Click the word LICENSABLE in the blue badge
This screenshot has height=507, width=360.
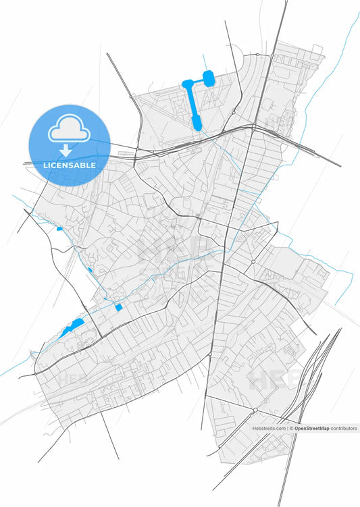click(70, 165)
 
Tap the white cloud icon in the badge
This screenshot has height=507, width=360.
click(70, 129)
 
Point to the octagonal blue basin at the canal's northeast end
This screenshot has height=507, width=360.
click(209, 78)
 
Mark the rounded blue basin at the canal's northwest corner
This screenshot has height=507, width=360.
click(186, 84)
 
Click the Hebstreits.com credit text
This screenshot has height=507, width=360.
click(269, 428)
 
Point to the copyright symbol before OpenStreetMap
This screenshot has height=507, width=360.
click(292, 428)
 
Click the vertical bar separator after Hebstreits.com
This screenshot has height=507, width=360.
click(288, 428)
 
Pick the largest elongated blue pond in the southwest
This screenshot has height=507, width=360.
click(71, 329)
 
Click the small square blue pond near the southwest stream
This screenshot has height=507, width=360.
click(119, 307)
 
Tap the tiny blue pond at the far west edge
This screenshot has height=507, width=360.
click(59, 228)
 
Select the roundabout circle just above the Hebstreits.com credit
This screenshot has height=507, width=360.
click(255, 410)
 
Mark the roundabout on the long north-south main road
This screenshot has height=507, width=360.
click(210, 354)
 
